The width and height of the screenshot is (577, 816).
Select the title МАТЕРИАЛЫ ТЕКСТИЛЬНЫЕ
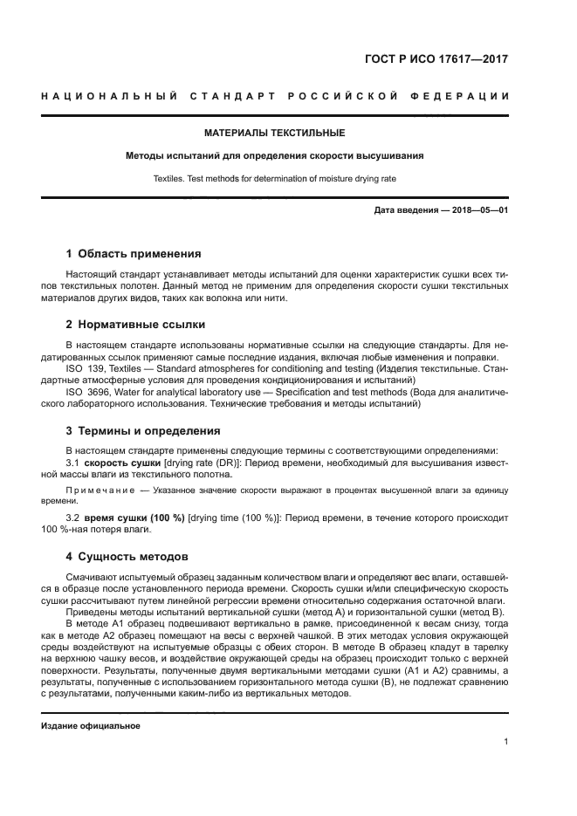(274, 134)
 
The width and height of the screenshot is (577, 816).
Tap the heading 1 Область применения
(134, 254)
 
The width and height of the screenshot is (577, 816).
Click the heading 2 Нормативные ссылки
(135, 325)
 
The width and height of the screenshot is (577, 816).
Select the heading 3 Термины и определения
(143, 431)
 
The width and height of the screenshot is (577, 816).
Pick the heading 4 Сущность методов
(127, 556)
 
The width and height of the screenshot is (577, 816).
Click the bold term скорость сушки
(122, 462)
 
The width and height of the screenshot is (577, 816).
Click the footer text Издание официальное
(90, 724)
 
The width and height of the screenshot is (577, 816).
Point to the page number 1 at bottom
(505, 742)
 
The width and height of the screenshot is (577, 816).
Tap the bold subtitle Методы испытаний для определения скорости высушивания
(274, 157)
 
